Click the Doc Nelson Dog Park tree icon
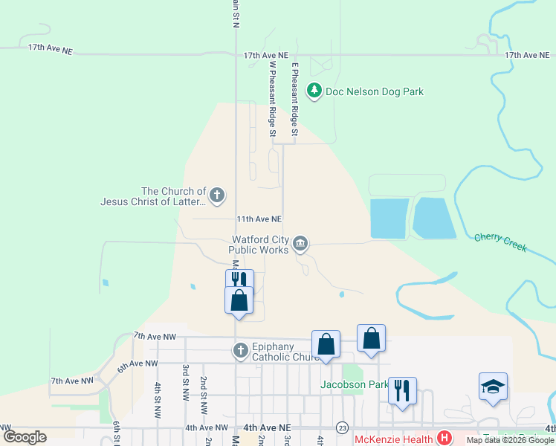click(x=315, y=91)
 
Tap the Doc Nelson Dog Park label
click(x=375, y=91)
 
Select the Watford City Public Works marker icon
click(x=301, y=243)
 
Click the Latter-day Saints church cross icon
click(x=216, y=196)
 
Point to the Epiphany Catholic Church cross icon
click(x=240, y=350)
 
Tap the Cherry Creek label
click(x=500, y=242)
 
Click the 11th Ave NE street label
click(x=259, y=219)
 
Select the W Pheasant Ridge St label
click(x=272, y=98)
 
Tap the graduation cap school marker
click(x=493, y=387)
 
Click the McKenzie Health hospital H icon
click(x=445, y=437)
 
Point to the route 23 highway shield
click(x=342, y=427)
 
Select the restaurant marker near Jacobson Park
click(x=402, y=390)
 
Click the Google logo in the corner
click(x=25, y=437)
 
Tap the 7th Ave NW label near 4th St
click(x=155, y=337)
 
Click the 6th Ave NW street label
click(x=138, y=364)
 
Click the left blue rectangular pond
click(x=389, y=218)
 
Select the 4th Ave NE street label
click(x=265, y=428)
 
